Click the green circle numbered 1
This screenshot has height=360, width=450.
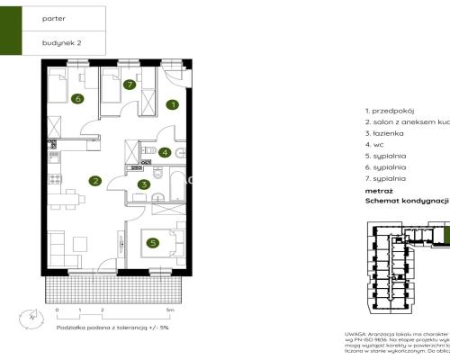click(x=171, y=105)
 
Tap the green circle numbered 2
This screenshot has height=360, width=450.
click(x=94, y=180)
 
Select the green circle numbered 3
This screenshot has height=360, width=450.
click(x=144, y=185)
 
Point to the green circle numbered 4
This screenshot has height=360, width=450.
click(x=165, y=152)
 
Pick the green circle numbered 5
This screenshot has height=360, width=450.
click(x=153, y=241)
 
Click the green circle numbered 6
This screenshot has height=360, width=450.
click(x=78, y=99)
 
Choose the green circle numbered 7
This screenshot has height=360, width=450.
click(x=130, y=85)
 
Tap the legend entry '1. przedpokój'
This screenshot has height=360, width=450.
click(x=389, y=109)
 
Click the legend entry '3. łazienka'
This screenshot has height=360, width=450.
click(x=385, y=132)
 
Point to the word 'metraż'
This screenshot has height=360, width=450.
click(x=378, y=191)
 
